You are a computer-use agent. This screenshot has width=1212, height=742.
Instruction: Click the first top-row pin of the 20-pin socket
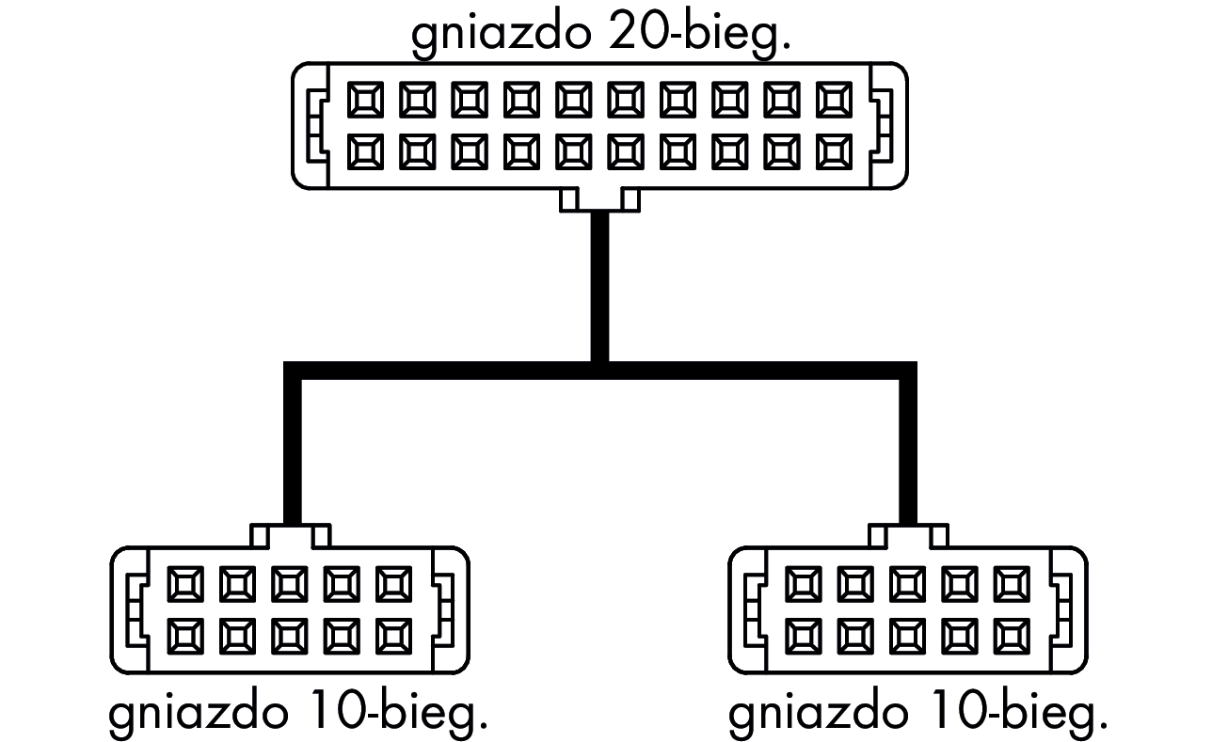pos(365,100)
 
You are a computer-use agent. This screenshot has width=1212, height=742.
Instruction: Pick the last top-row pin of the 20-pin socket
pos(835,100)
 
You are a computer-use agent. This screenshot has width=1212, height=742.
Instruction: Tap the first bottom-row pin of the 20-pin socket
pos(365,151)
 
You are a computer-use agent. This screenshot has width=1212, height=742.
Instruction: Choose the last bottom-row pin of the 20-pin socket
pos(835,151)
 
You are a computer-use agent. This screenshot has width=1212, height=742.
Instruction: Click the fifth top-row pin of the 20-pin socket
pos(574,100)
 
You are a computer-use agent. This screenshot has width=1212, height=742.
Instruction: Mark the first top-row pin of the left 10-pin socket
pos(184,584)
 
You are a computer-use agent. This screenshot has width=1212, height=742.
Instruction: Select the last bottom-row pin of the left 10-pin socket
pos(393,636)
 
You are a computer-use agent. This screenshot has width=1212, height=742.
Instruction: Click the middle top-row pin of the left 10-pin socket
pos(289,584)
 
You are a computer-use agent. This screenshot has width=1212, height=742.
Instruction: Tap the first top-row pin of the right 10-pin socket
pos(803,584)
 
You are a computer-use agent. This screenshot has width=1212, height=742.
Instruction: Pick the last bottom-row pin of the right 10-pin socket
pos(1012,636)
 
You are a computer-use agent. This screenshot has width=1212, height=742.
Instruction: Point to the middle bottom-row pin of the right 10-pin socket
pos(907,636)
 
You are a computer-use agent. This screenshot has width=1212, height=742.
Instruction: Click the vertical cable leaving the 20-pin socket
pos(599,282)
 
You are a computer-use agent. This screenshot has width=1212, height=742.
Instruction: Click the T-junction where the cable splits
pos(599,370)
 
